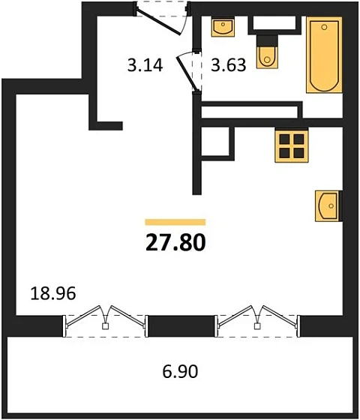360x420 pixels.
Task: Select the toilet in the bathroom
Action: click(x=267, y=53)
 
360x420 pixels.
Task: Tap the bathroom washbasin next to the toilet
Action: click(x=223, y=28)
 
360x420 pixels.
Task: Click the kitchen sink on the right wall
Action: click(x=328, y=205)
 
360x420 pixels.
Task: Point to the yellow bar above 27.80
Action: click(x=175, y=223)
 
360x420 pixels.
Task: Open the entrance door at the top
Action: click(x=161, y=16)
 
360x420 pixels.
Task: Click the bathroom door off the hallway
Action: click(x=189, y=72)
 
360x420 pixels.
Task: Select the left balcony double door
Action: click(x=105, y=319)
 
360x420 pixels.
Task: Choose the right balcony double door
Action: click(x=258, y=319)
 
